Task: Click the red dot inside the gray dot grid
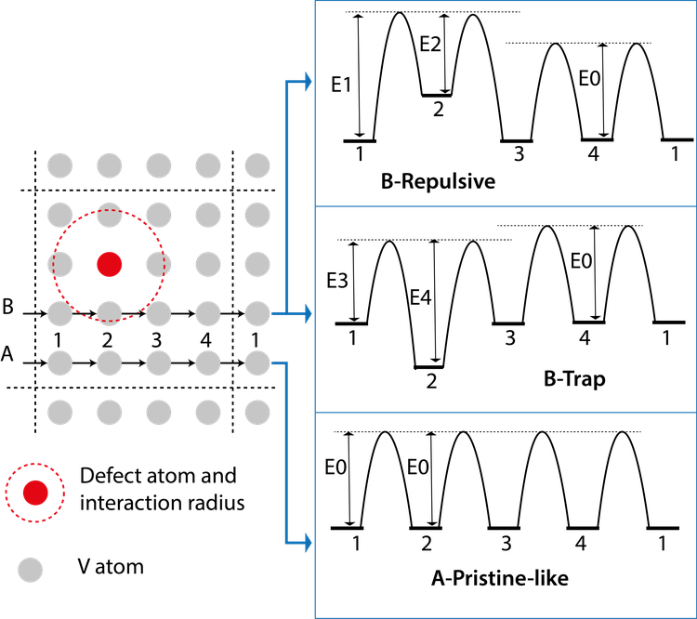tap(109, 265)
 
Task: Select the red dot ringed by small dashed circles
tap(35, 493)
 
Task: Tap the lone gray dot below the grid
tap(30, 570)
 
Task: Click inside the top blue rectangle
tap(506, 102)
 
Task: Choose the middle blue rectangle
tap(506, 309)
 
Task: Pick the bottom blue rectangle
tap(506, 515)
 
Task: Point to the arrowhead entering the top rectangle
tap(307, 83)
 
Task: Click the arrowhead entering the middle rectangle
tap(307, 314)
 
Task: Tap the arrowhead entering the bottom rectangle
tap(307, 542)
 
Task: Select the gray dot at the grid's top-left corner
tap(59, 166)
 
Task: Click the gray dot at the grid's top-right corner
tap(257, 166)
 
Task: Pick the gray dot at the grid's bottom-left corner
tap(59, 412)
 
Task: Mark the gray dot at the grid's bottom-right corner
tap(257, 412)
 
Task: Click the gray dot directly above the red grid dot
tap(109, 216)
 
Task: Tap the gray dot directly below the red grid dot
tap(109, 314)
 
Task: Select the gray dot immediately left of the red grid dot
tap(59, 265)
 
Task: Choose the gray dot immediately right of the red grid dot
tap(158, 265)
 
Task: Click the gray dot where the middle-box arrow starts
tap(257, 314)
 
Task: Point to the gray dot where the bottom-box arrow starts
tap(257, 362)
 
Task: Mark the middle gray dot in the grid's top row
tap(158, 166)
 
